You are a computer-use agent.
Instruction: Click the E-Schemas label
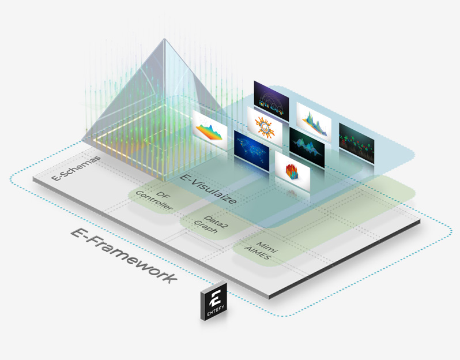tap(76, 168)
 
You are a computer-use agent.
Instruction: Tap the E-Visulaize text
tap(208, 189)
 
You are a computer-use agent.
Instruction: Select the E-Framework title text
tap(124, 255)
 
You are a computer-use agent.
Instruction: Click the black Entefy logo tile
tap(214, 301)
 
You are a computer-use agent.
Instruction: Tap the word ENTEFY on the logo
tap(216, 310)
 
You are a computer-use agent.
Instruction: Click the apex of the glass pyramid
tap(165, 39)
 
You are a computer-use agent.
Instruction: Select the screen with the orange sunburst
tap(265, 126)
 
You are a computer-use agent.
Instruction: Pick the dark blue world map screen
tap(251, 151)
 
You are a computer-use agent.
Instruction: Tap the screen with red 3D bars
tap(292, 171)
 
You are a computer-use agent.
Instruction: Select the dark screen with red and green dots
tap(356, 142)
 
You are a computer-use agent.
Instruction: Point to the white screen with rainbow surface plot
tap(210, 129)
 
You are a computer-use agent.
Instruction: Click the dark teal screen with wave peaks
tap(307, 147)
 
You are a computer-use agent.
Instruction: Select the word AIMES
tap(257, 254)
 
